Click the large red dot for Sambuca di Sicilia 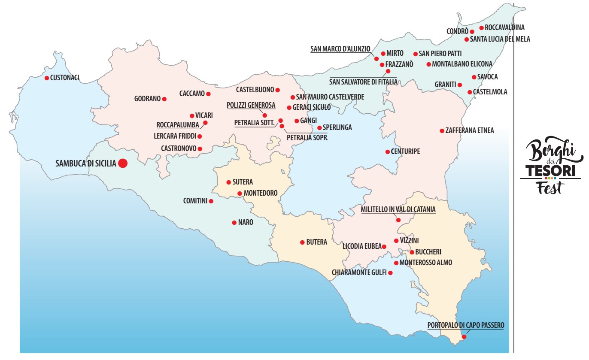[123, 163]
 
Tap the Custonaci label [65, 78]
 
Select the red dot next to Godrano [164, 99]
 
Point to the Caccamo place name [192, 94]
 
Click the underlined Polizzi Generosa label [251, 105]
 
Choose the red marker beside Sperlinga [319, 127]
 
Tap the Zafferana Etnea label [470, 130]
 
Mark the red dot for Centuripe [388, 151]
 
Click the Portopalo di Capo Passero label [466, 325]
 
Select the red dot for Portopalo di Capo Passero [464, 337]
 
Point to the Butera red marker [302, 242]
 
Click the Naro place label [246, 222]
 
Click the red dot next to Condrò [472, 31]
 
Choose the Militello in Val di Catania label [398, 209]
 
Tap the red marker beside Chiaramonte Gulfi [390, 272]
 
